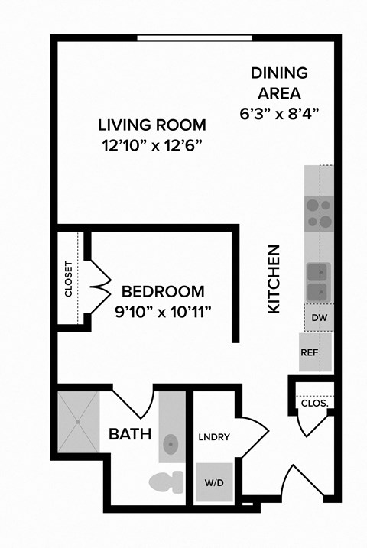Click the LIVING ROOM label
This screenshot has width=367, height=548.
tap(152, 124)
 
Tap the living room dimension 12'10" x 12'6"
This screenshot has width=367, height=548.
tap(152, 144)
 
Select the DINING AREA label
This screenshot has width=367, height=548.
tap(279, 83)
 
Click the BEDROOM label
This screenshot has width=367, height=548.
tap(163, 291)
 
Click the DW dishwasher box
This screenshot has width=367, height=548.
tap(318, 316)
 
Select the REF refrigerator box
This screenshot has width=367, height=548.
tap(310, 352)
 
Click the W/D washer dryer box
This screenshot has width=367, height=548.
tap(214, 482)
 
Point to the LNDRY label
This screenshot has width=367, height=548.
tap(215, 437)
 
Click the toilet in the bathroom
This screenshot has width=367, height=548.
tap(165, 482)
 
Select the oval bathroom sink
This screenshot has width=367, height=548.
tap(171, 445)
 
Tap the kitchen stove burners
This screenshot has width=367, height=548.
tap(320, 213)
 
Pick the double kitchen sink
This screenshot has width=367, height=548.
tap(318, 281)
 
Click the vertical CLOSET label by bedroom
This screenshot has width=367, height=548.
tap(69, 280)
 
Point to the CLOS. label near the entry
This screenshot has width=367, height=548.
tap(314, 402)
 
